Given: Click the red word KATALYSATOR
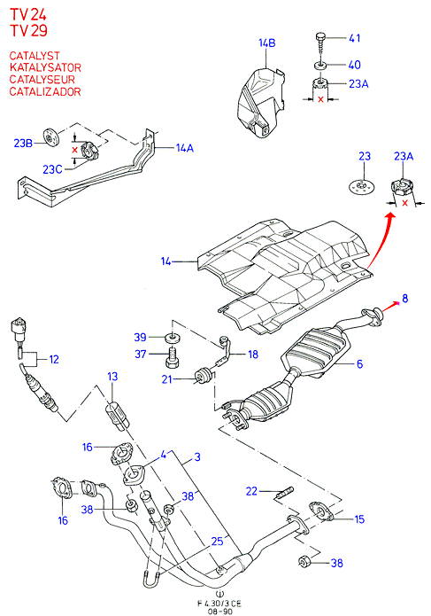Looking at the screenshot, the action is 45,67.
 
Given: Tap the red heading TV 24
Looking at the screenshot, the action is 28,14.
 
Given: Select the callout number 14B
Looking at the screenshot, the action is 266,43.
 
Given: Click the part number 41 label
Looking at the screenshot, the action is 355,38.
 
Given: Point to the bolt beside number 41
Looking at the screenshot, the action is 320,46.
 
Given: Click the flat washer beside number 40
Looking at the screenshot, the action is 320,65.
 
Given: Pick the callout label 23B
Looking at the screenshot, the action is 23,143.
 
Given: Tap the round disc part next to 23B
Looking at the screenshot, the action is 50,136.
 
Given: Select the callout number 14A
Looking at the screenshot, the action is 184,148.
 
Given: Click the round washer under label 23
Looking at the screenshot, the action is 361,186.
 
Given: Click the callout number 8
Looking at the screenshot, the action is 404,299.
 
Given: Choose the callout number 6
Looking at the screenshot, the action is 359,363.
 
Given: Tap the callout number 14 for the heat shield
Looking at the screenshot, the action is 165,261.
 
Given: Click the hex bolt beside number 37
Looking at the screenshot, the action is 173,357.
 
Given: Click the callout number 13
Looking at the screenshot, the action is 112,377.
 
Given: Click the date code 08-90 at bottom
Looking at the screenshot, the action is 220,612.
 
